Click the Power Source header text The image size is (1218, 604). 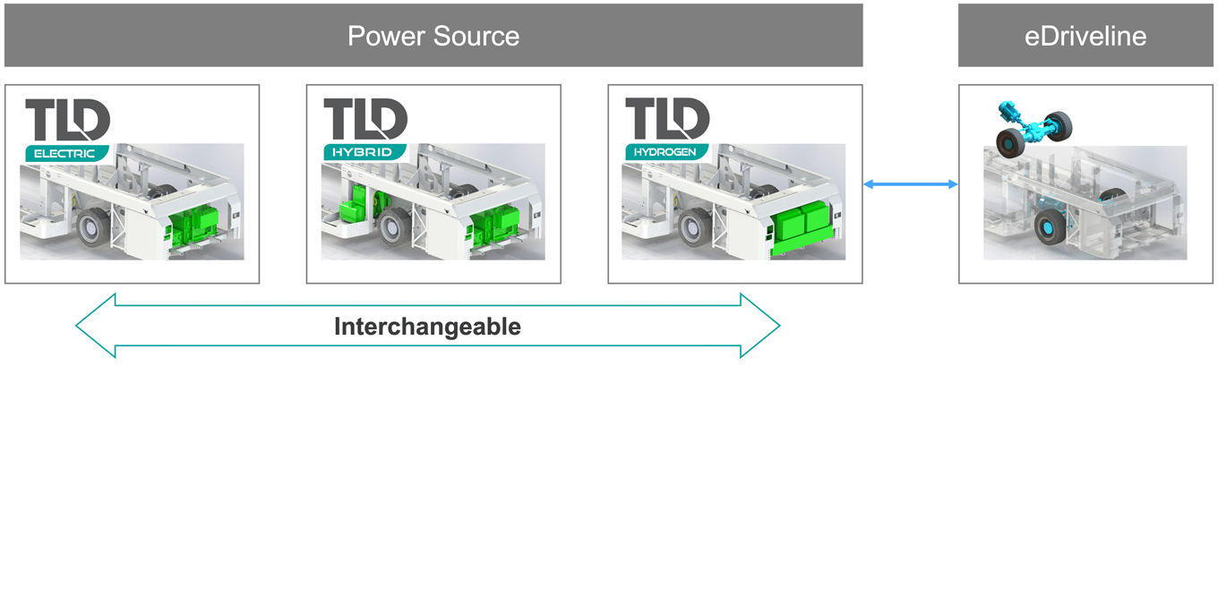click(433, 36)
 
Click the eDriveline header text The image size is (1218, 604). click(1085, 36)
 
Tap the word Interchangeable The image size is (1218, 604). click(427, 327)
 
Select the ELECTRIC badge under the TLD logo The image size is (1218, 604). click(64, 153)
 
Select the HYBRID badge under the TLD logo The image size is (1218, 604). click(363, 152)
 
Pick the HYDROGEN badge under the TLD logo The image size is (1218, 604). click(665, 152)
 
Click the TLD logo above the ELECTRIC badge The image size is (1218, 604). click(67, 119)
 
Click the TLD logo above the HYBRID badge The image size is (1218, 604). click(365, 119)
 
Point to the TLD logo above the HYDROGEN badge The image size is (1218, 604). click(667, 119)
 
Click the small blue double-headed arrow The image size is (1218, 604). click(910, 184)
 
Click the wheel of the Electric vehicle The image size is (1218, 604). click(92, 228)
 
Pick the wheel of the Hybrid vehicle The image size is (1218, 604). click(393, 228)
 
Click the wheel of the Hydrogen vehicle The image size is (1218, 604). click(694, 228)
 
